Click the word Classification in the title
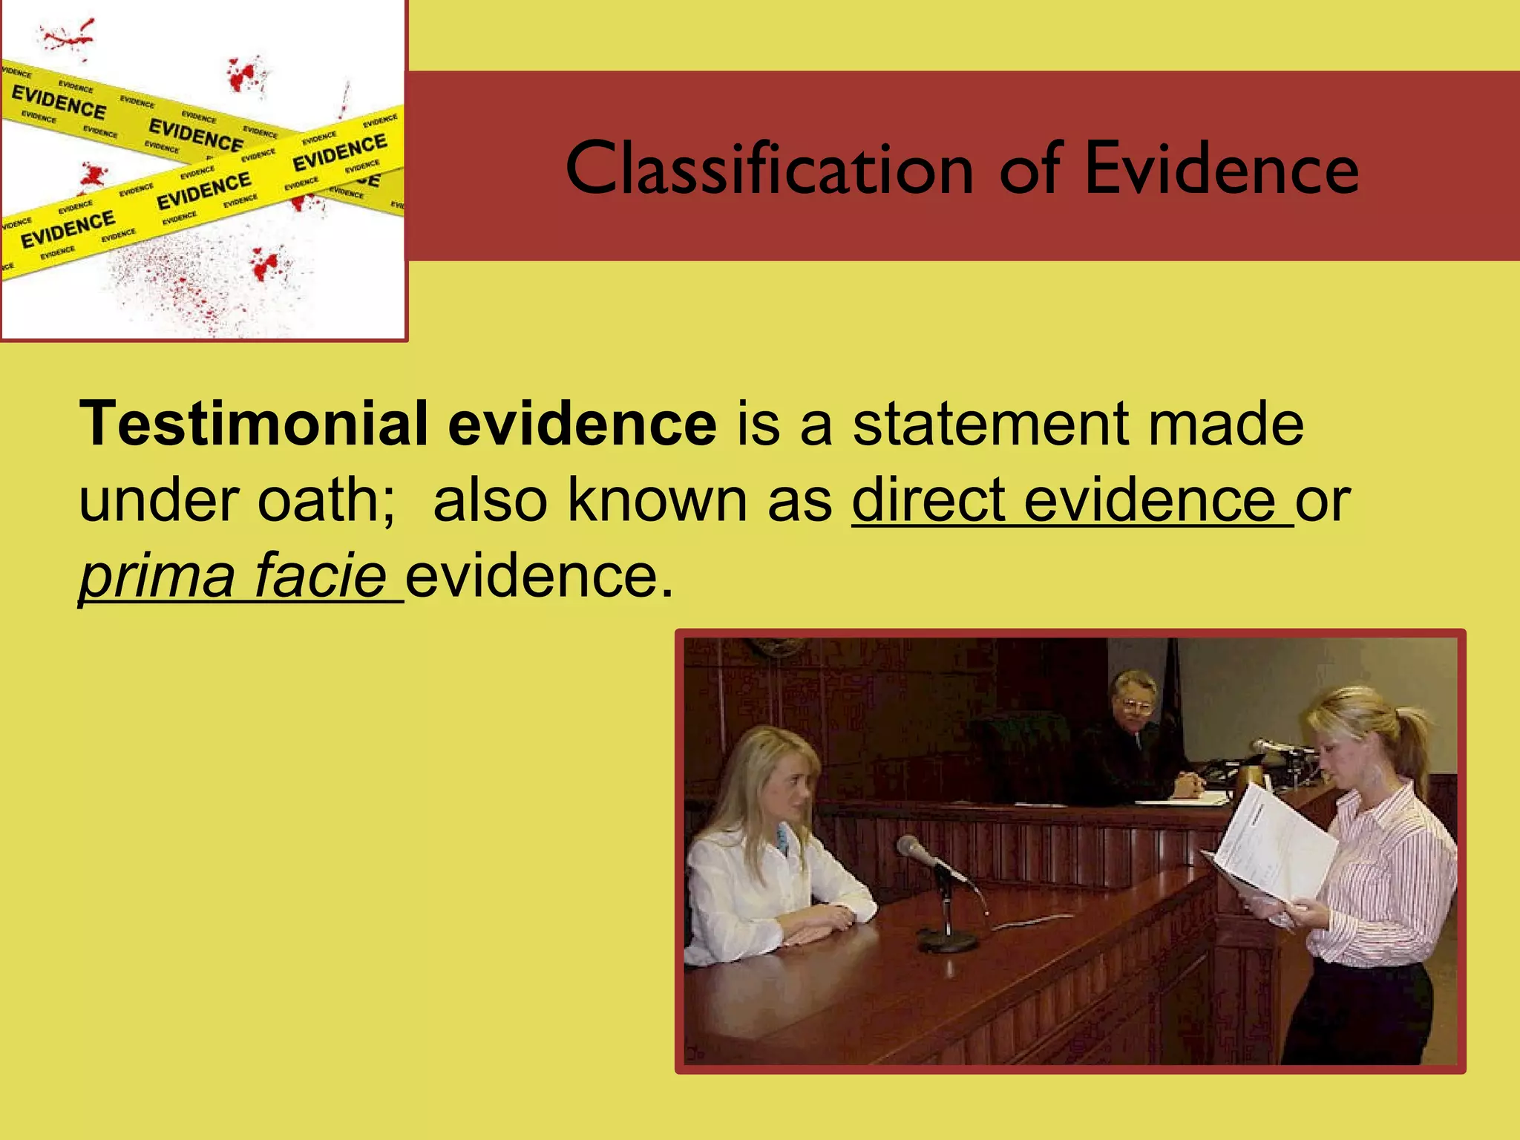[x=769, y=169]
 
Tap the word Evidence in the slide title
[x=1222, y=169]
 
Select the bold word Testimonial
[x=253, y=424]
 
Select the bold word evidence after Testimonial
[x=583, y=424]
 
